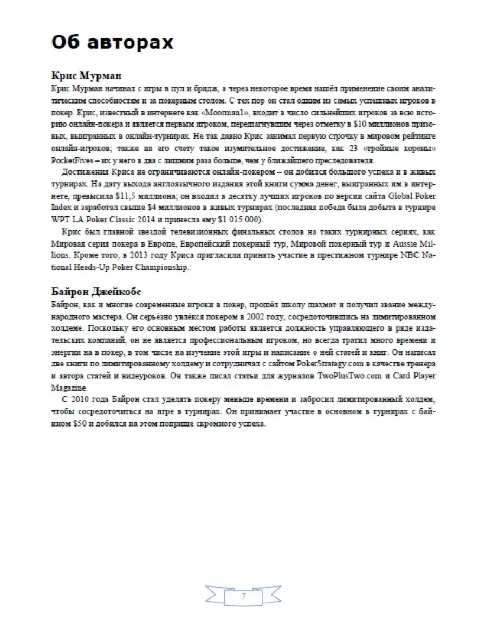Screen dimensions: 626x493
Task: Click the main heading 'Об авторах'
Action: [112, 42]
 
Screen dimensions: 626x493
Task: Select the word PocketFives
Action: [72, 161]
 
